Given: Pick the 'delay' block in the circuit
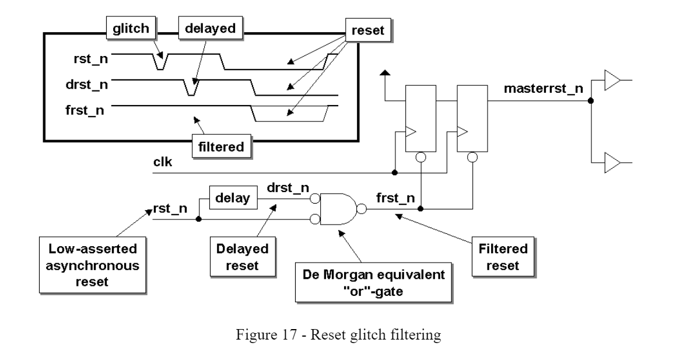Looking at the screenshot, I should point(233,198).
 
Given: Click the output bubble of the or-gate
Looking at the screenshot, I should point(362,209).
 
